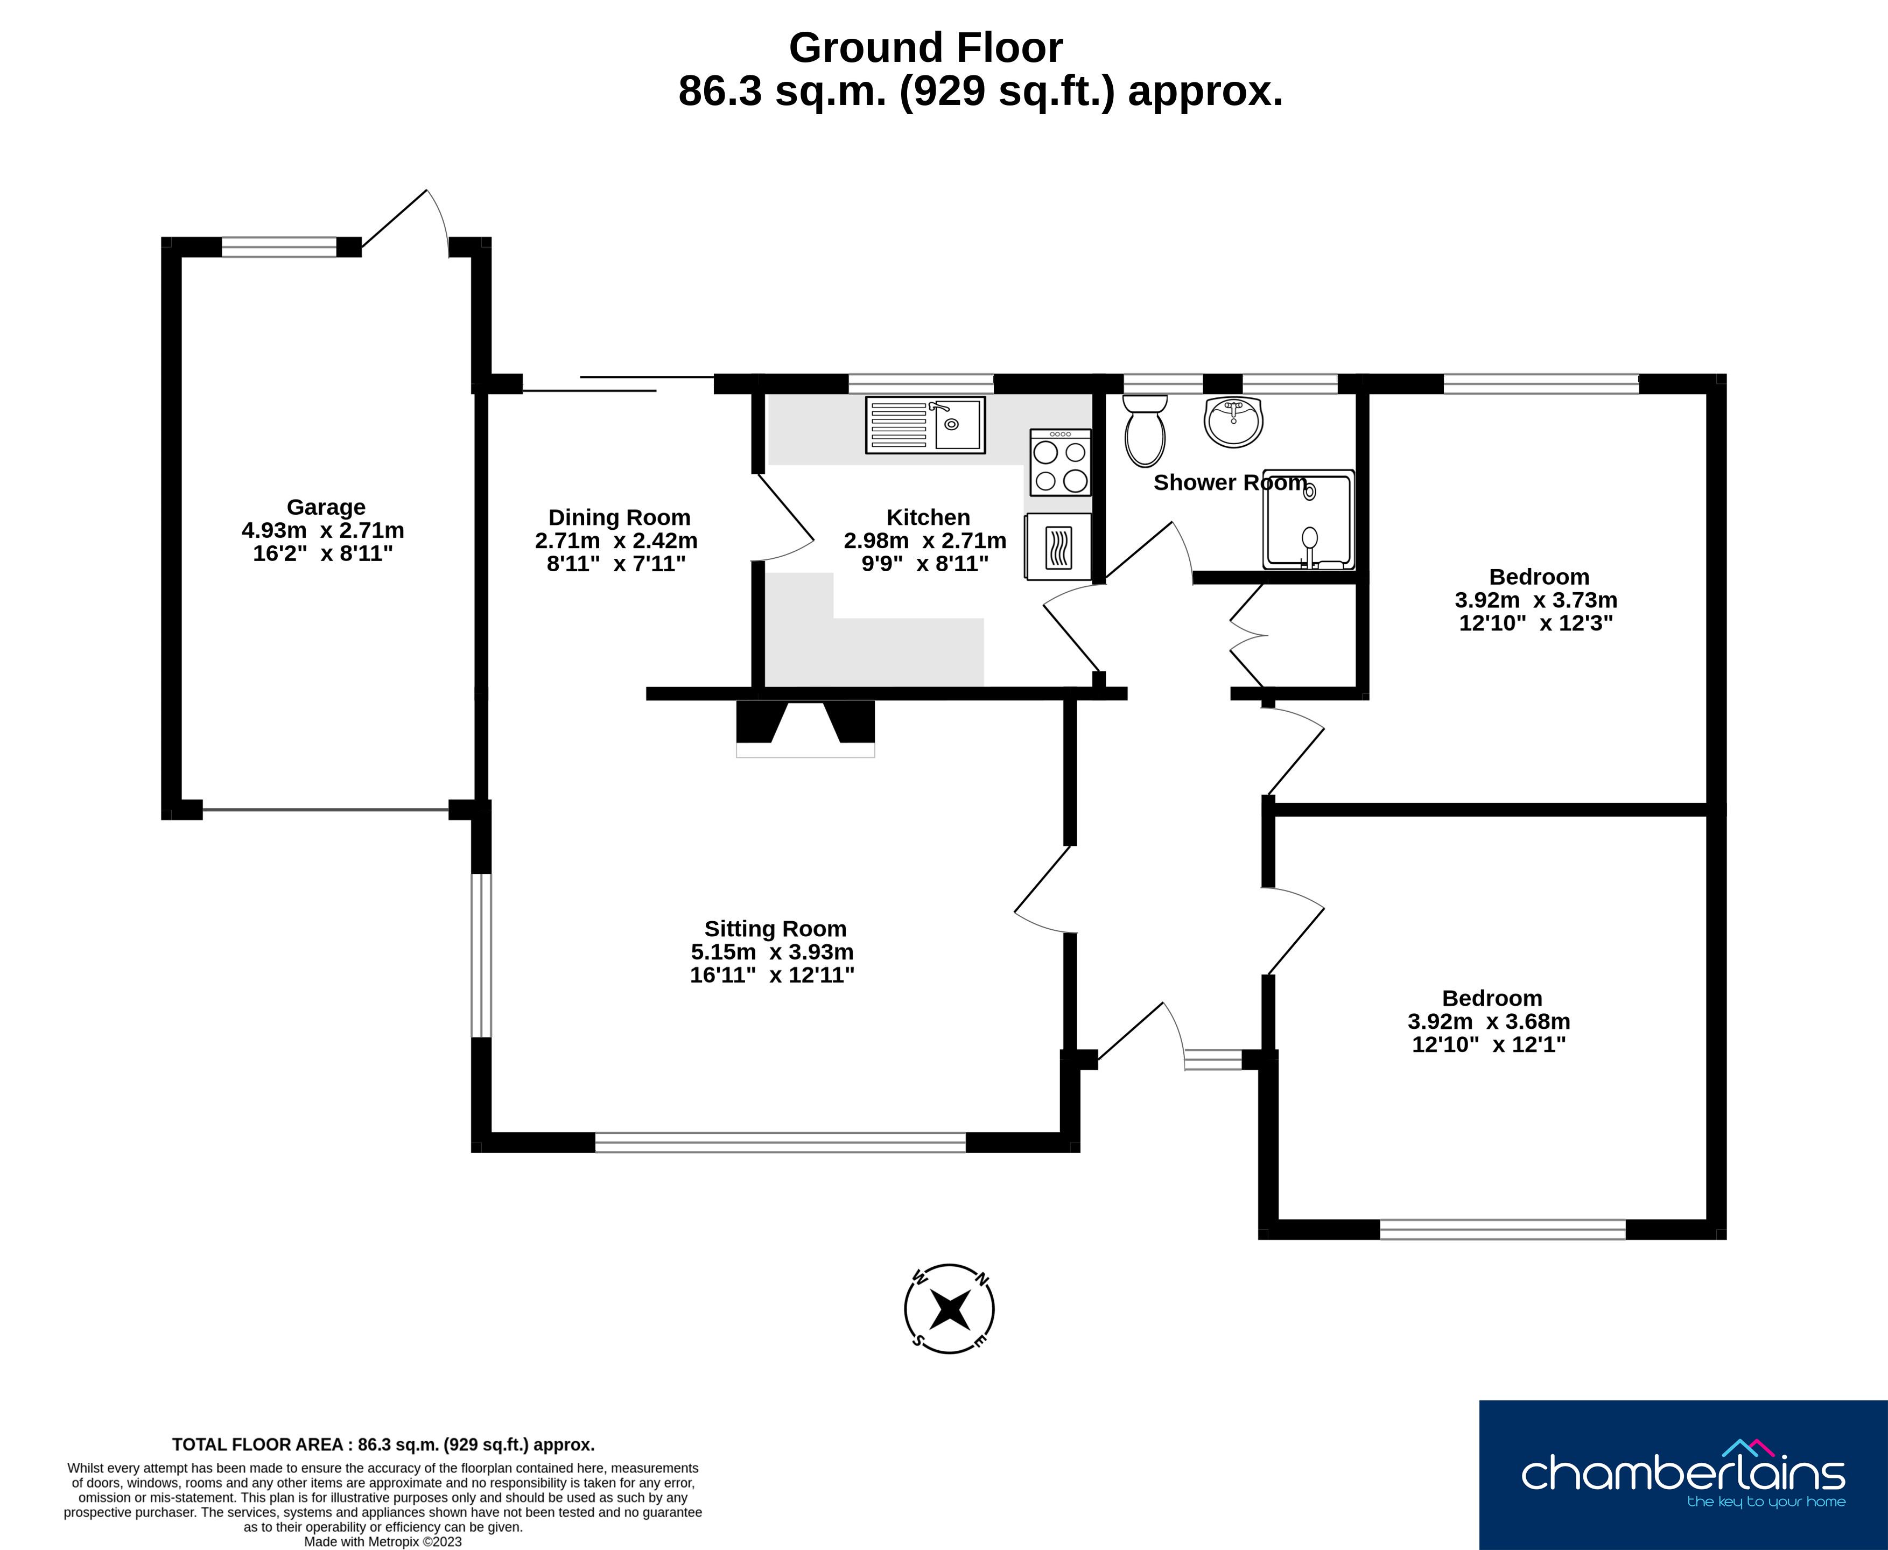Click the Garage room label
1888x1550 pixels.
pyautogui.click(x=326, y=507)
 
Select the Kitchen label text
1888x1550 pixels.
pyautogui.click(x=928, y=518)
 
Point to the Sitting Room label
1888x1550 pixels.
pyautogui.click(x=775, y=929)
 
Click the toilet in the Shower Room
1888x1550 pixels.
pyautogui.click(x=1145, y=431)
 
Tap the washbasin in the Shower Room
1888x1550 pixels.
pyautogui.click(x=1234, y=422)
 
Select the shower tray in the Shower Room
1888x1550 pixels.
pyautogui.click(x=1309, y=520)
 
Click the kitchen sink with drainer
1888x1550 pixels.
pyautogui.click(x=926, y=425)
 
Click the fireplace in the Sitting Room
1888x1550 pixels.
pyautogui.click(x=805, y=728)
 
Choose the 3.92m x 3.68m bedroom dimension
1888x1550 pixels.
pyautogui.click(x=1489, y=1021)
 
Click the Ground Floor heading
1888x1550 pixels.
pyautogui.click(x=926, y=48)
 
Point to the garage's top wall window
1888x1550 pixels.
pyautogui.click(x=279, y=247)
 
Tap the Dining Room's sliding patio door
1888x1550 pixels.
pyautogui.click(x=619, y=384)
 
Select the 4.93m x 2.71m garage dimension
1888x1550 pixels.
pyautogui.click(x=323, y=530)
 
